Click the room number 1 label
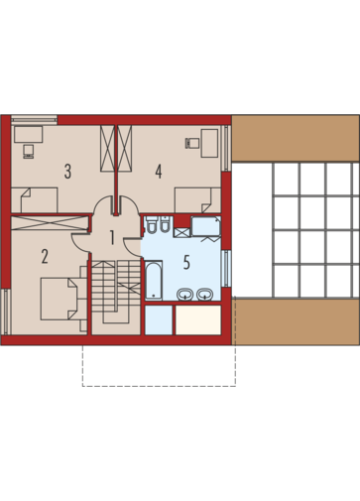pyautogui.click(x=112, y=238)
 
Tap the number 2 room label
pyautogui.click(x=45, y=257)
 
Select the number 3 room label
pyautogui.click(x=67, y=172)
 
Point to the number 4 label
pyautogui.click(x=159, y=172)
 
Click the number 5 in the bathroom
pyautogui.click(x=186, y=263)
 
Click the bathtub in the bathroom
pyautogui.click(x=154, y=281)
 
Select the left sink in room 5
pyautogui.click(x=185, y=295)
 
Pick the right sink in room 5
pyautogui.click(x=205, y=295)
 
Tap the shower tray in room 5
pyautogui.click(x=206, y=226)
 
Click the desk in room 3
pyautogui.click(x=29, y=134)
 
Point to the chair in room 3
pyautogui.click(x=29, y=151)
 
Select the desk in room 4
pyautogui.click(x=209, y=143)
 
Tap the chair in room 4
pyautogui.click(x=192, y=143)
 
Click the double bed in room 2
pyautogui.click(x=60, y=299)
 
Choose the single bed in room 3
pyautogui.click(x=35, y=200)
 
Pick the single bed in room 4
pyautogui.click(x=197, y=200)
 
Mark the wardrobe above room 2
pyautogui.click(x=51, y=222)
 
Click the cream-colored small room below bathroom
pyautogui.click(x=198, y=319)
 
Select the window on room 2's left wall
pyautogui.click(x=6, y=312)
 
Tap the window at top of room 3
pyautogui.click(x=34, y=119)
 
